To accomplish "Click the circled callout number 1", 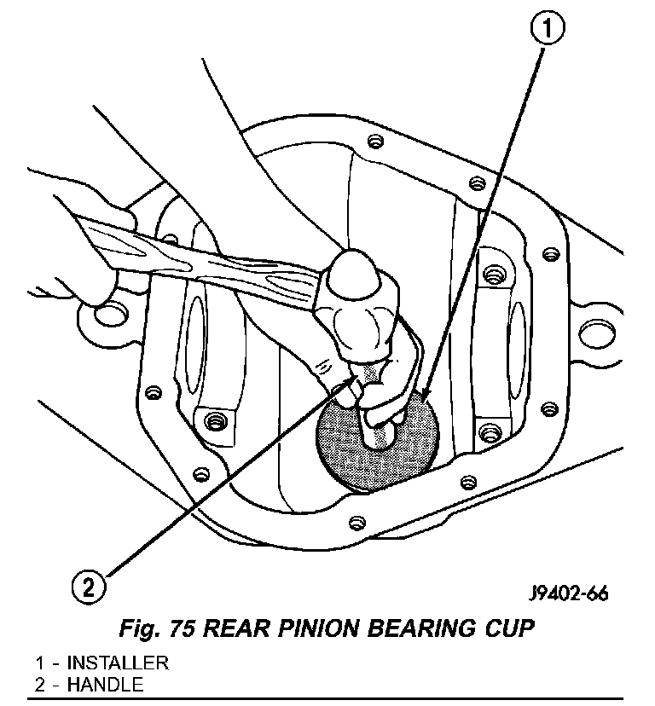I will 548,32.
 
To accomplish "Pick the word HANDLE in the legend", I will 104,684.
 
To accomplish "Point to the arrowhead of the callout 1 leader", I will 421,396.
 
